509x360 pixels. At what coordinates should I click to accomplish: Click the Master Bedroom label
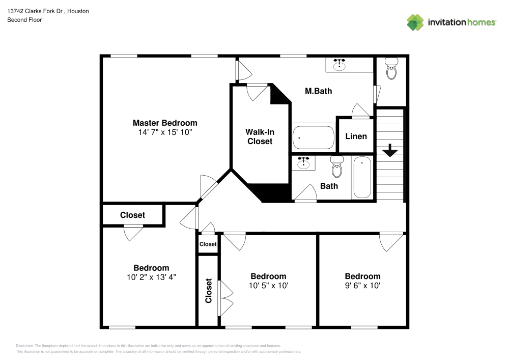tap(165, 123)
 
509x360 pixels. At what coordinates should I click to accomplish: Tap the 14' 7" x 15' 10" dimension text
tap(165, 132)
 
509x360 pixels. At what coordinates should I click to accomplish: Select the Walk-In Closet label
tap(260, 136)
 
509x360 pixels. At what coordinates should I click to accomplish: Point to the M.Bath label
tap(319, 91)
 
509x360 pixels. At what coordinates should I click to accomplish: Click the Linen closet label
tap(356, 136)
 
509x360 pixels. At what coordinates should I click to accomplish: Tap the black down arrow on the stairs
tap(390, 150)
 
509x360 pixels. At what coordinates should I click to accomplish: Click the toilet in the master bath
tap(391, 69)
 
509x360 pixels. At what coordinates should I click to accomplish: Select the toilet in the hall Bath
tap(337, 167)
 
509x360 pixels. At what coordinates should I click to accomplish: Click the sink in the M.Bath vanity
tap(340, 65)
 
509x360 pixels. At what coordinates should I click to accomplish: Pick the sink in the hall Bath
tap(303, 163)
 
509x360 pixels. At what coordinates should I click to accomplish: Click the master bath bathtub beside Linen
tap(314, 137)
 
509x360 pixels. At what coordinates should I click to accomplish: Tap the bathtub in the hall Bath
tap(362, 177)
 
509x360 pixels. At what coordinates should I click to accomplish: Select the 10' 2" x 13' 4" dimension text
tap(151, 277)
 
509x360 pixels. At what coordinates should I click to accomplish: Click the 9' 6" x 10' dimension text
tap(362, 286)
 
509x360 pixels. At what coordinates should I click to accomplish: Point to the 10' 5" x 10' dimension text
tap(268, 286)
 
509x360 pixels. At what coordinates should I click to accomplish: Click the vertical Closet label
tap(208, 291)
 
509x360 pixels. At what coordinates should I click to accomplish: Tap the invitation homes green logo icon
tap(415, 22)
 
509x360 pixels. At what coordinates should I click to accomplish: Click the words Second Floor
tap(24, 20)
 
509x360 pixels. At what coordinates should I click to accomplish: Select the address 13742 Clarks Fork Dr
tap(35, 11)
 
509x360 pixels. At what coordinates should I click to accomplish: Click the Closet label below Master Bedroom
tap(132, 215)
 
